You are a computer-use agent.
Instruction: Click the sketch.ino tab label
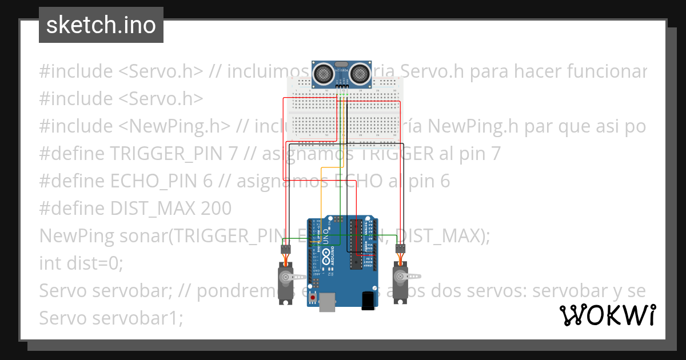point(101,25)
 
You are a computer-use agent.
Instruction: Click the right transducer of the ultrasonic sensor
point(360,73)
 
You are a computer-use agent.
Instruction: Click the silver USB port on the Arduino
point(328,302)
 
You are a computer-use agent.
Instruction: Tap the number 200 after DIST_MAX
point(216,209)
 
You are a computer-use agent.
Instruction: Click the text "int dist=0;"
point(81,263)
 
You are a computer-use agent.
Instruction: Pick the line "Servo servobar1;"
point(111,318)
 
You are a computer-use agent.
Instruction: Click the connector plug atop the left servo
point(285,249)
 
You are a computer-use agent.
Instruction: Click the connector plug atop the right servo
point(401,249)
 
